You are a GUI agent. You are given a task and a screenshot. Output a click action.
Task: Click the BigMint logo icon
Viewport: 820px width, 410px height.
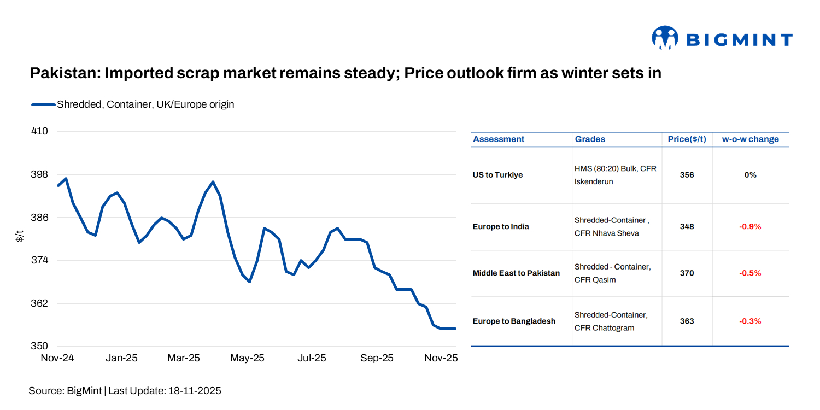665,38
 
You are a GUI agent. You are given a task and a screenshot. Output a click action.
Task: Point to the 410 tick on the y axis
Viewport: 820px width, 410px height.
40,131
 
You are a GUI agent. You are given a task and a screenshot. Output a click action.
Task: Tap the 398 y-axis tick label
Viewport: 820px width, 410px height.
40,174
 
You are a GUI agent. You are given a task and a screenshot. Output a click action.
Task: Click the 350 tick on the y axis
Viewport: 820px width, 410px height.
40,346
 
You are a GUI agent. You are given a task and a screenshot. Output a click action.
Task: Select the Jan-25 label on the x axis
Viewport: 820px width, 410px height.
121,358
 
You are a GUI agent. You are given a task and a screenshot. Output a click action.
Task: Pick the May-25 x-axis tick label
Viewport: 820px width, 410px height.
247,358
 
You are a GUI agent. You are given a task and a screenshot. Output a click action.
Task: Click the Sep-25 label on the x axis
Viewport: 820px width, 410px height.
377,358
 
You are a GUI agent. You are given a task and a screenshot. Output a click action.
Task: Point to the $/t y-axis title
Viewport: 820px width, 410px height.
20,236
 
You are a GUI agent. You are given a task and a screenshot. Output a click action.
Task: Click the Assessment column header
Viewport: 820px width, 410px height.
499,139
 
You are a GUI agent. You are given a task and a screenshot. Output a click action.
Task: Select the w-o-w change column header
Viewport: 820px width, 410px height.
750,139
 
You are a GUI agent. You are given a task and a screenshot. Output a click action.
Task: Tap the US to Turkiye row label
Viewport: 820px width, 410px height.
497,175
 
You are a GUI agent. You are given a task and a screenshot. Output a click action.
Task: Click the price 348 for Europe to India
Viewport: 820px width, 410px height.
687,226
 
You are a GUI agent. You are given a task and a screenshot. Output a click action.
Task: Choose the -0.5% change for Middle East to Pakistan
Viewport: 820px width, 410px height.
750,273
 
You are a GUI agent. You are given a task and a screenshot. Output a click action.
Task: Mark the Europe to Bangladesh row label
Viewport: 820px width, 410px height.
514,321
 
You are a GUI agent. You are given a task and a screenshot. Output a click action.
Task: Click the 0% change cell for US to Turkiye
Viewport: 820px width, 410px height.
750,175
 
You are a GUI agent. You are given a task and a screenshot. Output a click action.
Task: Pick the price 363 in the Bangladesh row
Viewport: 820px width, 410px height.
687,321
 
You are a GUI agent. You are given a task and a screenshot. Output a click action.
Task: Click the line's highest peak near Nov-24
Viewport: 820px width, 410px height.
66,178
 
